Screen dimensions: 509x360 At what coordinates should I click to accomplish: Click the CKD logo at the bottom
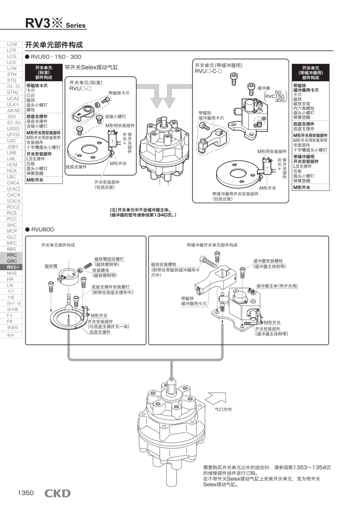click(x=57, y=493)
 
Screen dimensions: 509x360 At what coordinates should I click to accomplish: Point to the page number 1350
click(x=25, y=493)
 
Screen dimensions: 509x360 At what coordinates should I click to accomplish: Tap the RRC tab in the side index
click(x=12, y=255)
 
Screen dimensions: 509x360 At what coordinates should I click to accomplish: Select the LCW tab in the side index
click(x=12, y=44)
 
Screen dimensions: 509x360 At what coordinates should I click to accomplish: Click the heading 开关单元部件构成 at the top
click(x=54, y=45)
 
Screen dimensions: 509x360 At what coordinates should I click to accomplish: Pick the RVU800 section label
click(x=42, y=230)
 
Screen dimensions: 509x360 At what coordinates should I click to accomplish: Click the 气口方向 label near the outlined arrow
click(x=223, y=409)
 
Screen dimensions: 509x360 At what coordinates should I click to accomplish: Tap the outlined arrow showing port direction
click(x=215, y=398)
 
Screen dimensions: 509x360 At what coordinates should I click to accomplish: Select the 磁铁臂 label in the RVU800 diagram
click(x=51, y=266)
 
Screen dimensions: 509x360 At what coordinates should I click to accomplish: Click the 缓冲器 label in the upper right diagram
click(x=263, y=88)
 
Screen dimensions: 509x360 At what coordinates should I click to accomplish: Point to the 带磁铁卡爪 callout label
click(x=119, y=93)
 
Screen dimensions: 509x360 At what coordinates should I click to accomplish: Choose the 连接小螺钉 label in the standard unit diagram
click(x=116, y=116)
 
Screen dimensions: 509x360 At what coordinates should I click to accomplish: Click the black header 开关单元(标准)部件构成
click(x=44, y=72)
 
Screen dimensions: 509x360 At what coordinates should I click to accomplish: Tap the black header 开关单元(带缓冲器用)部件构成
click(x=310, y=72)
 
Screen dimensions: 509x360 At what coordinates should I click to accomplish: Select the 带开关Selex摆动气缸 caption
click(x=91, y=67)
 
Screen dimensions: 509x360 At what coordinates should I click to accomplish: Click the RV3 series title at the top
click(x=55, y=23)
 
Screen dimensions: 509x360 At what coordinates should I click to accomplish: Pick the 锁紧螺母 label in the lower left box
click(x=101, y=270)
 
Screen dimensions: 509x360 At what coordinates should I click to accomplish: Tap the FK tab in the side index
click(x=10, y=321)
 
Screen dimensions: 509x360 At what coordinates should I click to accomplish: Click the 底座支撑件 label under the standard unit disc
click(x=76, y=167)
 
